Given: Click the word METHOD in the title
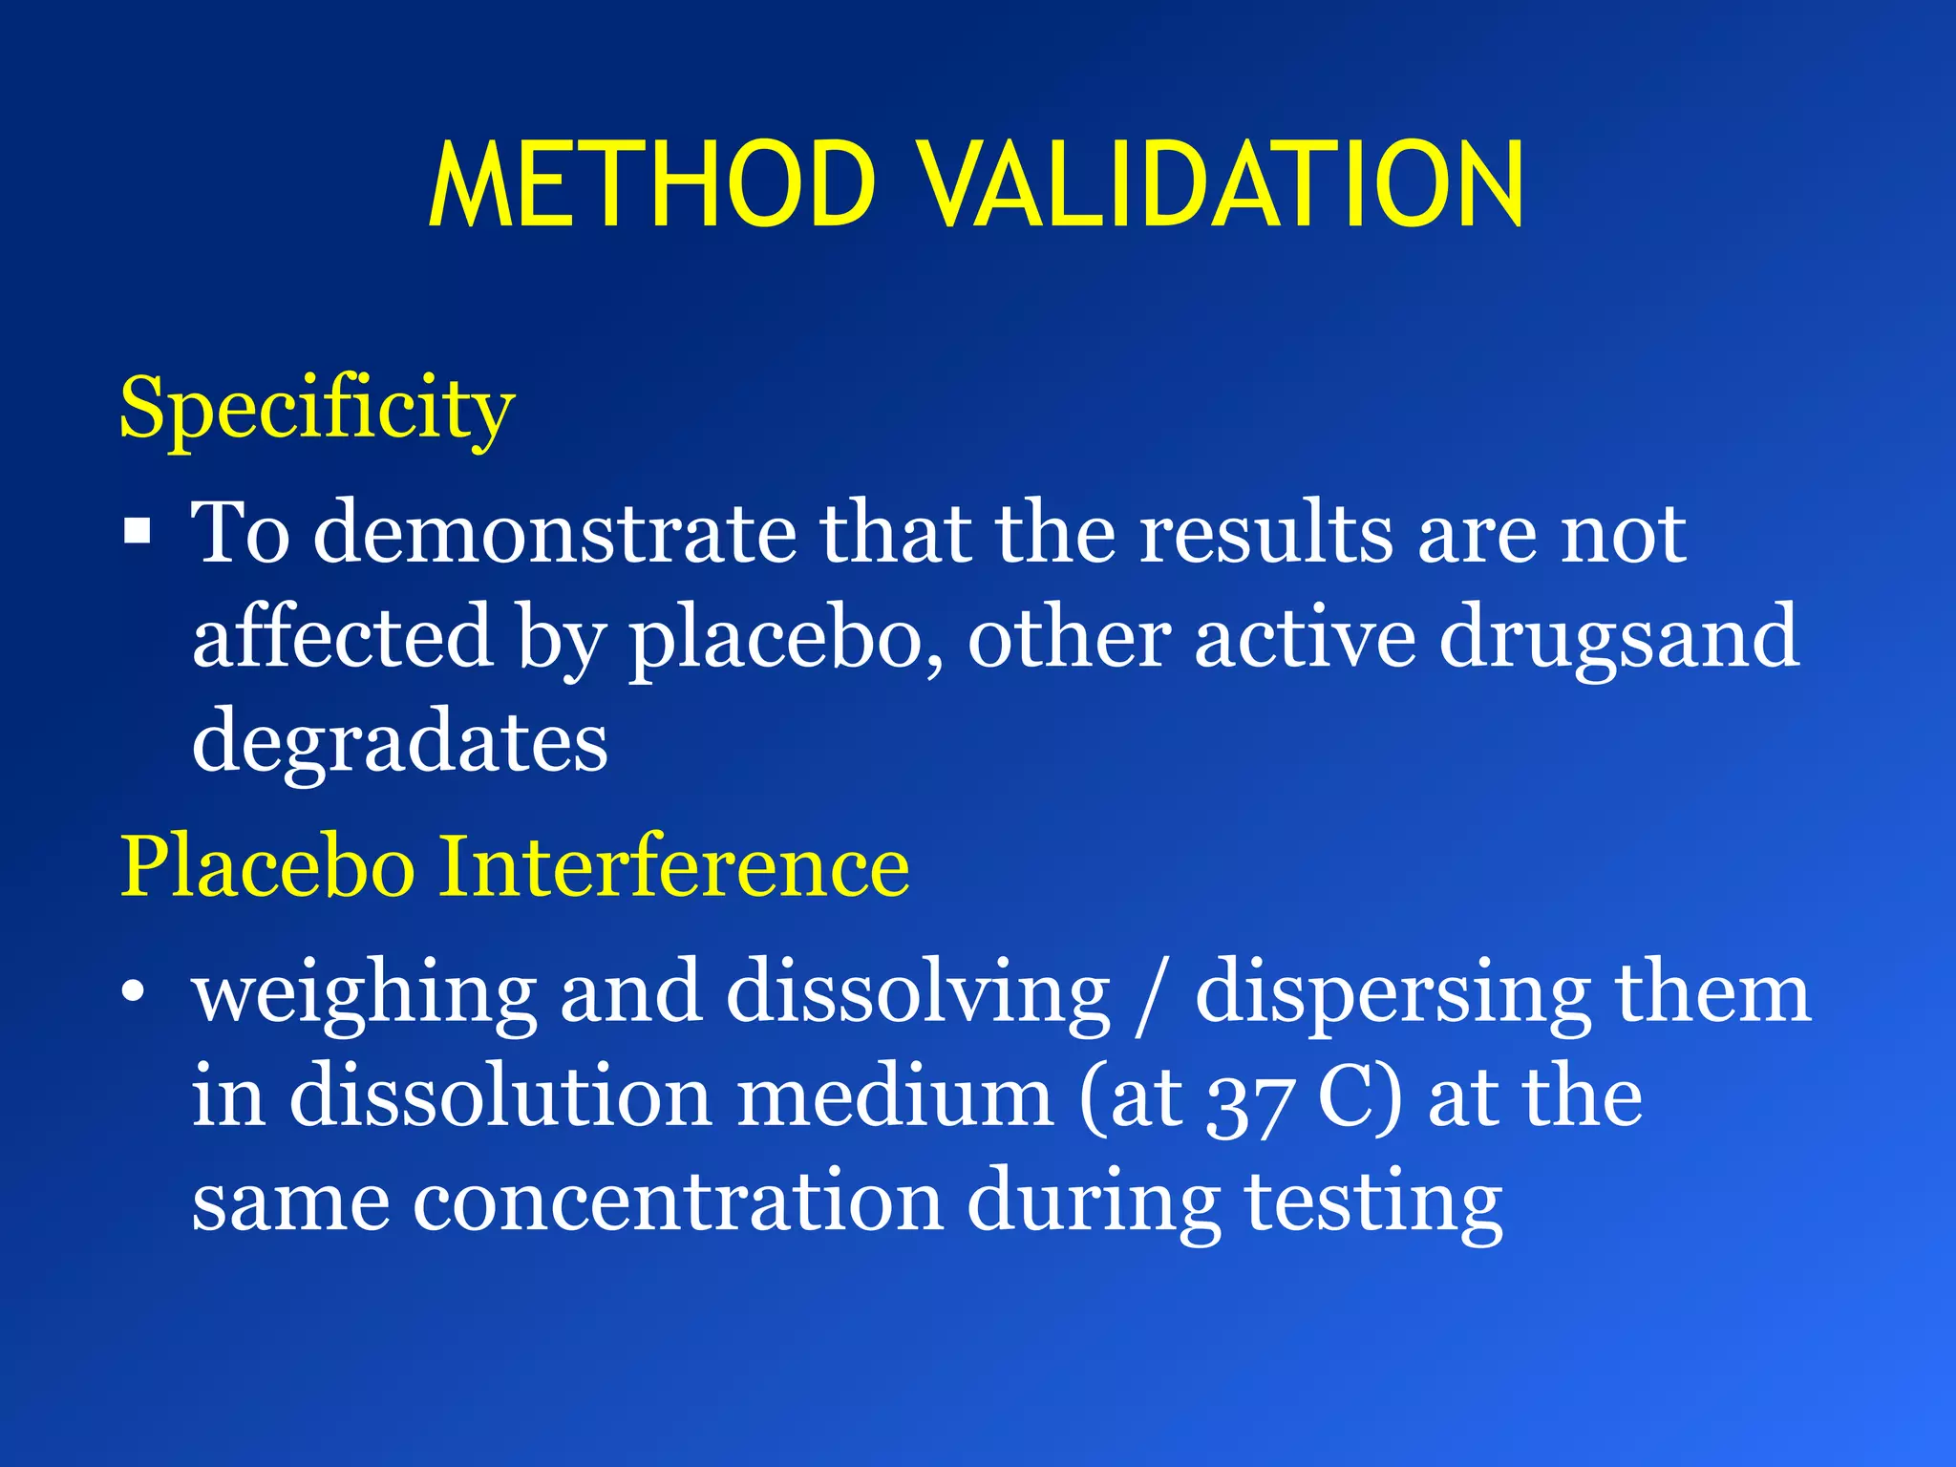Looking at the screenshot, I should (x=652, y=185).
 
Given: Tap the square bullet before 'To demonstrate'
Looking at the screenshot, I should (x=138, y=530).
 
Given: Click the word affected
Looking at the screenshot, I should (x=342, y=638).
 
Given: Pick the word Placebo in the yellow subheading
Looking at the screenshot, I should (x=266, y=866).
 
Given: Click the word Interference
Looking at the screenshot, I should (x=673, y=866).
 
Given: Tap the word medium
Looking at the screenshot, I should (x=895, y=1098).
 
